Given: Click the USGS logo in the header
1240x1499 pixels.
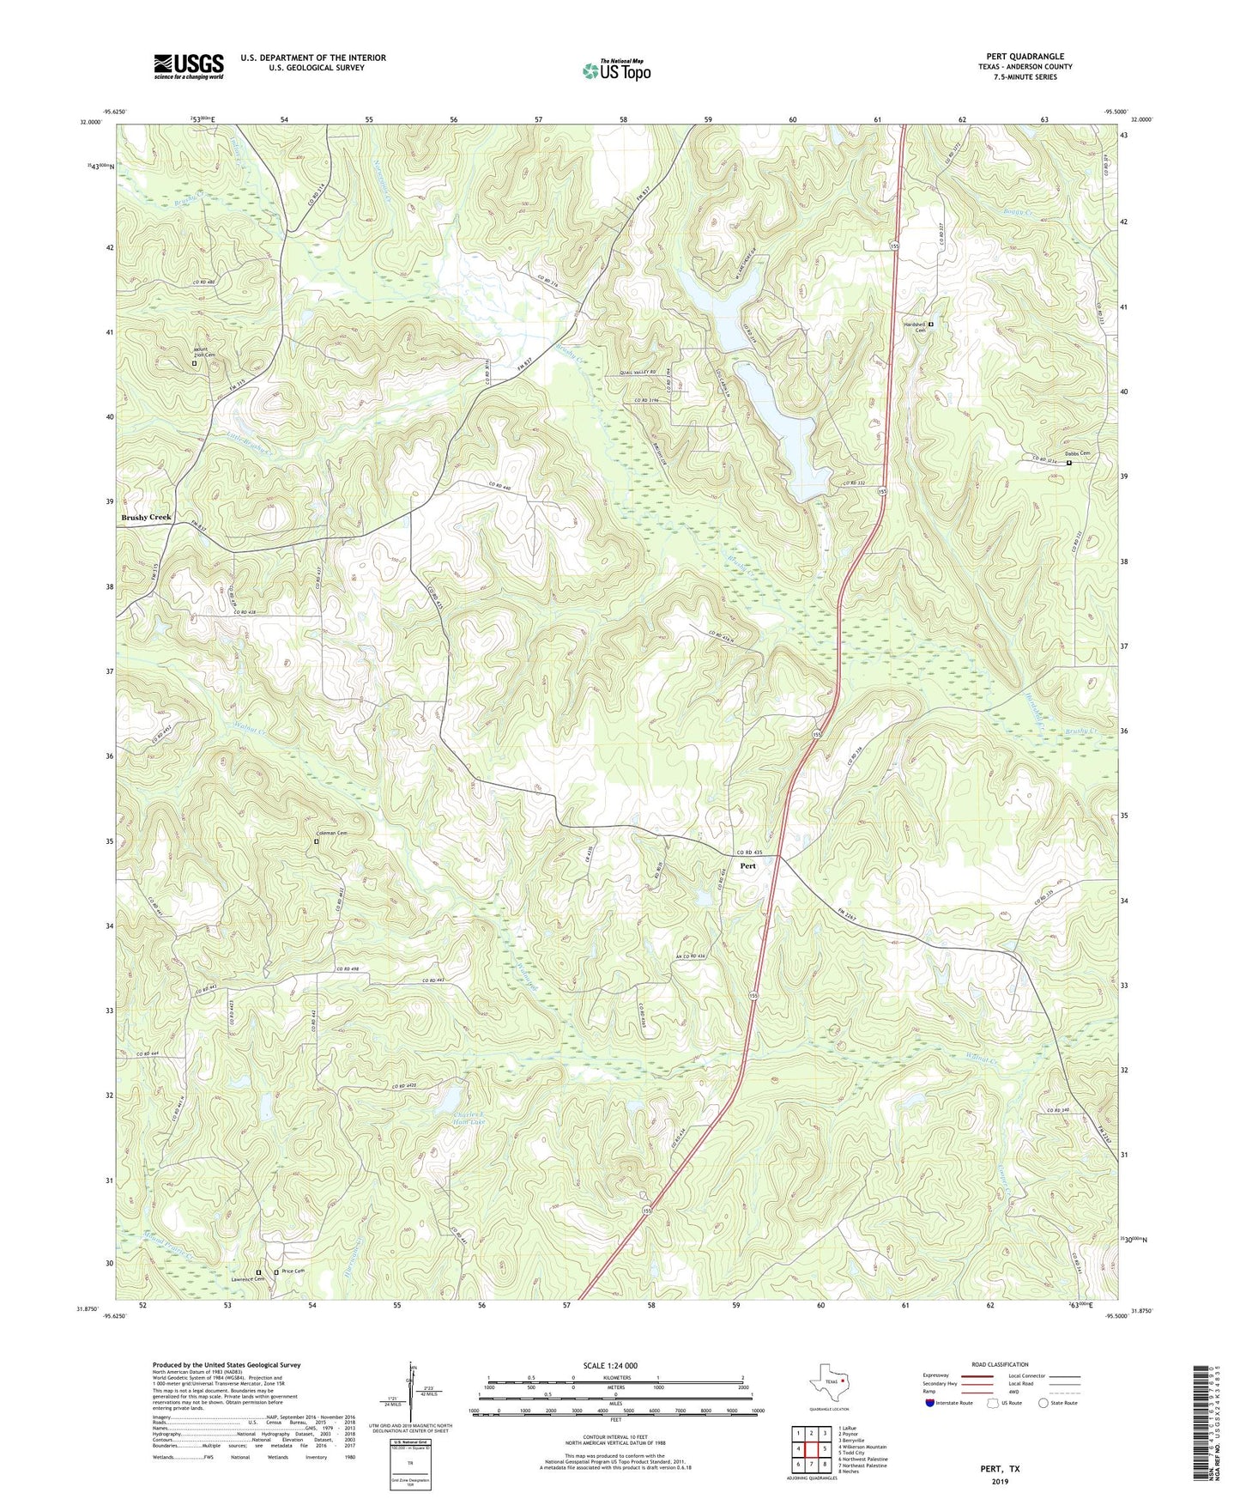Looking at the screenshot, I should [x=189, y=66].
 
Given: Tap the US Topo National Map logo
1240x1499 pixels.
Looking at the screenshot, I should [x=616, y=70].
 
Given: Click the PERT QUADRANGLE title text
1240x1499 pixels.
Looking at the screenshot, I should [x=1025, y=57].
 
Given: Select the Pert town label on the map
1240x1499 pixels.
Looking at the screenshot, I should [x=748, y=866].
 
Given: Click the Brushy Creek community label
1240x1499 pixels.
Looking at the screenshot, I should [x=146, y=518].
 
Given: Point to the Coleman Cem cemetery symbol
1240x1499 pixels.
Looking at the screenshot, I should [x=316, y=842].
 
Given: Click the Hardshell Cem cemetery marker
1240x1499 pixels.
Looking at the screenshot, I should [x=931, y=324].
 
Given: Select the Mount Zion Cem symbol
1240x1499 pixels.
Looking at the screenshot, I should [x=194, y=363].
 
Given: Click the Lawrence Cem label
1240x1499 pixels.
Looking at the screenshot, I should [x=248, y=1279].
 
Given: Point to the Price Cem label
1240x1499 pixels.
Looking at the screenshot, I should [x=293, y=1271].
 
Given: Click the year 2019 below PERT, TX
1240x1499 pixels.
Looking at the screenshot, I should [x=1000, y=1481].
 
